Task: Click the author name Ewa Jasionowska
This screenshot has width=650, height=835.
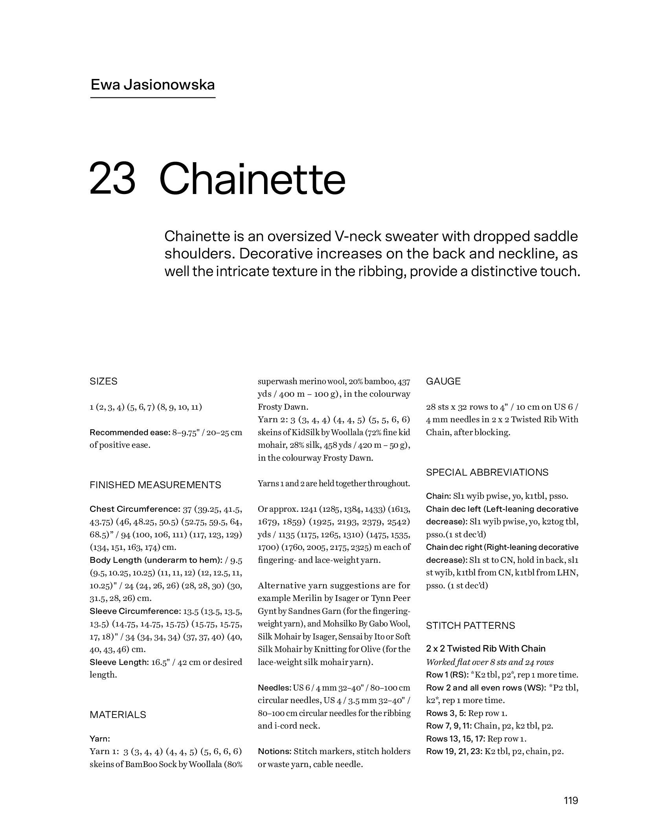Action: pyautogui.click(x=152, y=85)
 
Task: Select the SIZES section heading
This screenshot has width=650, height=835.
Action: pyautogui.click(x=103, y=381)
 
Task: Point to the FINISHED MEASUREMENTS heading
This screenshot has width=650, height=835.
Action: pyautogui.click(x=155, y=485)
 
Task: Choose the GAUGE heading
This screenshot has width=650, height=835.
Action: pyautogui.click(x=443, y=381)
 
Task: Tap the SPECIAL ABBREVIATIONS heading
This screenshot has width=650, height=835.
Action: pyautogui.click(x=487, y=472)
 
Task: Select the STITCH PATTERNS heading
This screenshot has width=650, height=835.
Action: pyautogui.click(x=470, y=626)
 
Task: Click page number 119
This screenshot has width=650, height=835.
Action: pyautogui.click(x=570, y=800)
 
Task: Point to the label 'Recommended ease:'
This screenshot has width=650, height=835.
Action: pyautogui.click(x=130, y=433)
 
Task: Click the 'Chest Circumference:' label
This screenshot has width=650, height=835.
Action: pyautogui.click(x=135, y=509)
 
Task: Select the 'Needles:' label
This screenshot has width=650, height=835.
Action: pyautogui.click(x=274, y=688)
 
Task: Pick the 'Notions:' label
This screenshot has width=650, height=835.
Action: pyautogui.click(x=274, y=751)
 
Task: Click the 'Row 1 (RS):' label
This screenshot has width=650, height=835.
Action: pyautogui.click(x=447, y=675)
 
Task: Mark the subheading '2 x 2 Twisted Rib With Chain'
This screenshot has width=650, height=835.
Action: pyautogui.click(x=485, y=649)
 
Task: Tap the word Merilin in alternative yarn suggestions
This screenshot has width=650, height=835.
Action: pyautogui.click(x=308, y=598)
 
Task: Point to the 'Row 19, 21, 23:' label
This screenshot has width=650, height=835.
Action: pyautogui.click(x=454, y=751)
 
